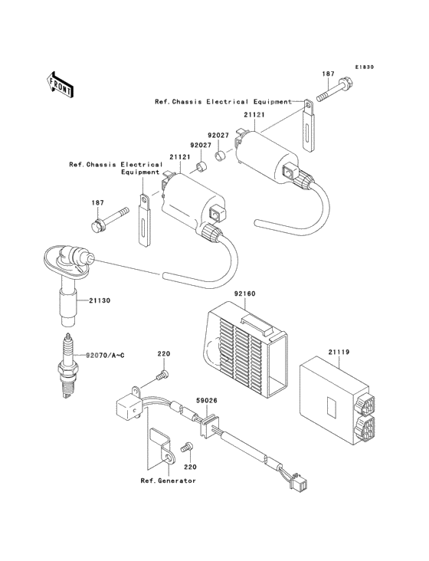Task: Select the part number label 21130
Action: click(x=99, y=301)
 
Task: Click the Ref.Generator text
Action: click(x=168, y=481)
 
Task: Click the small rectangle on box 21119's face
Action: click(x=332, y=403)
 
